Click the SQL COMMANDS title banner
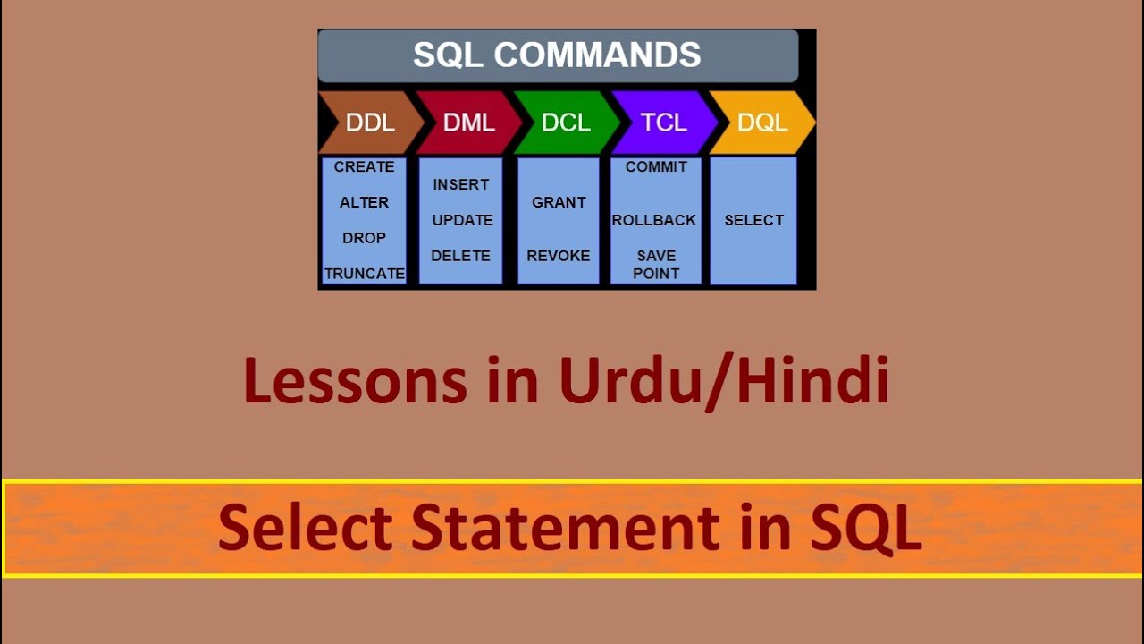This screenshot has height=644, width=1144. pyautogui.click(x=557, y=55)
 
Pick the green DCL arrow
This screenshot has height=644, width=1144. pyautogui.click(x=566, y=123)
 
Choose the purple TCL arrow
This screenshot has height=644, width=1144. pyautogui.click(x=663, y=123)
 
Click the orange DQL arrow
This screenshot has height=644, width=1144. pyautogui.click(x=761, y=123)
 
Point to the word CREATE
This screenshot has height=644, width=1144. pyautogui.click(x=364, y=167)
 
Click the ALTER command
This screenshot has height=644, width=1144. pyautogui.click(x=364, y=203)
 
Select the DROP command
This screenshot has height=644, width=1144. pyautogui.click(x=364, y=238)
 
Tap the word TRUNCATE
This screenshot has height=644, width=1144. pyautogui.click(x=365, y=274)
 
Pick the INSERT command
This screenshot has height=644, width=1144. pyautogui.click(x=461, y=185)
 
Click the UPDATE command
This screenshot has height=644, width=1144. pyautogui.click(x=462, y=220)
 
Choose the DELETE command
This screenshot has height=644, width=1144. pyautogui.click(x=460, y=256)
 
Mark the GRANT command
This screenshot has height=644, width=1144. pyautogui.click(x=559, y=203)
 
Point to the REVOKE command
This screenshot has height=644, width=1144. pyautogui.click(x=559, y=256)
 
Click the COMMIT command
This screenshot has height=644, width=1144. pyautogui.click(x=656, y=167)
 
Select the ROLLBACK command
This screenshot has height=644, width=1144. pyautogui.click(x=654, y=220)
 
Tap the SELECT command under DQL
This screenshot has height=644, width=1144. pyautogui.click(x=753, y=220)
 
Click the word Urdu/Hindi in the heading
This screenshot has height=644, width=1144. pyautogui.click(x=724, y=381)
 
